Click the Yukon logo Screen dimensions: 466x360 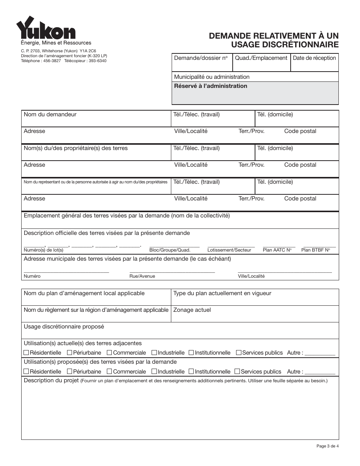point(45,28)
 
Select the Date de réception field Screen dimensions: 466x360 point(314,64)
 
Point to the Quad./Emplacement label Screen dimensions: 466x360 point(261,58)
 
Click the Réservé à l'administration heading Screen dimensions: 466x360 point(210,86)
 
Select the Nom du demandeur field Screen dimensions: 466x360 point(96,120)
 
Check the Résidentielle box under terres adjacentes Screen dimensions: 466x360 point(26,353)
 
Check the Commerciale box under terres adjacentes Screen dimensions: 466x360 point(110,353)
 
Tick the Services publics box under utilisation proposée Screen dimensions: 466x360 point(237,372)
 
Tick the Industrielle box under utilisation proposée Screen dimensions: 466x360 point(154,372)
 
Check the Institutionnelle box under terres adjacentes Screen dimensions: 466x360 point(191,353)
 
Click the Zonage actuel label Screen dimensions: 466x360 point(192,310)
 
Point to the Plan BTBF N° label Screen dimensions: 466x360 point(315,250)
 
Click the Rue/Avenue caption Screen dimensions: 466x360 point(142,276)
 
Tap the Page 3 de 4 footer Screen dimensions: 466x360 point(327,446)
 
